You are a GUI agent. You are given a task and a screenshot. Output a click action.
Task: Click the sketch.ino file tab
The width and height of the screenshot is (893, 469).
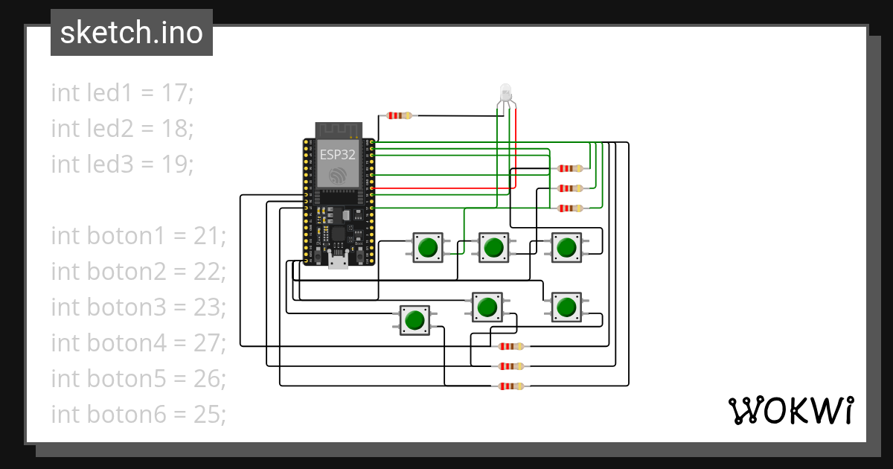click(131, 33)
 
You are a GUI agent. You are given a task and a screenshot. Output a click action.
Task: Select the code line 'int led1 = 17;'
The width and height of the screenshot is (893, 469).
click(122, 93)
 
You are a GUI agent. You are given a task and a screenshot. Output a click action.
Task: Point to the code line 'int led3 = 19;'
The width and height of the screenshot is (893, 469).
click(122, 164)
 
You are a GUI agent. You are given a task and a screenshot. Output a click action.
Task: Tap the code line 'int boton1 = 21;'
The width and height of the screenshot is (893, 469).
click(138, 236)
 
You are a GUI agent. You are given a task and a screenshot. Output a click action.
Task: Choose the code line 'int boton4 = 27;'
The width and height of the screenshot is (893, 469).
click(138, 343)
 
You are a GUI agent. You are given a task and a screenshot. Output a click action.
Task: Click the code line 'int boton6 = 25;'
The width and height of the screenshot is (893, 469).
click(138, 415)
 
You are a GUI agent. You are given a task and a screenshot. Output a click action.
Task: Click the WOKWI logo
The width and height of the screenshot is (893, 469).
click(790, 410)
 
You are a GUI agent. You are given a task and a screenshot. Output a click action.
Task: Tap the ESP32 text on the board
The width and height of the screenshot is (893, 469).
click(338, 156)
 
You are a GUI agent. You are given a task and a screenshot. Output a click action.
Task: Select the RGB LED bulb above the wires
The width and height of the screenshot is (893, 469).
click(506, 93)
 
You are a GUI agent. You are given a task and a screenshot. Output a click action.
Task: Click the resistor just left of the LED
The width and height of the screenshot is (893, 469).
click(399, 115)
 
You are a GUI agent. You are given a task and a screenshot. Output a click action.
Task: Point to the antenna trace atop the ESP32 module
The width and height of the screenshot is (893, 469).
click(338, 130)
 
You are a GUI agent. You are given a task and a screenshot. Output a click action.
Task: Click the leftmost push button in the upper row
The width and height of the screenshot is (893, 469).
click(428, 247)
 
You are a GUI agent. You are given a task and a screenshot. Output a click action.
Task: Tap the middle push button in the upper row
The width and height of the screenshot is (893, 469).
click(493, 247)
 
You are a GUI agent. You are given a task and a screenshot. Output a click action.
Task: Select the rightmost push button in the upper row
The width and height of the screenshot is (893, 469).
click(566, 247)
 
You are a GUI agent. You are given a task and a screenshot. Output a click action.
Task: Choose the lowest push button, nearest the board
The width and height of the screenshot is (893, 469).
click(414, 320)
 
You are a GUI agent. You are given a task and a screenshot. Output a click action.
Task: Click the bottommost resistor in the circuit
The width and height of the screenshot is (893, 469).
click(510, 386)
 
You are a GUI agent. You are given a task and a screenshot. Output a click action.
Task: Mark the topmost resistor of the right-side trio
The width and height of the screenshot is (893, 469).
click(569, 169)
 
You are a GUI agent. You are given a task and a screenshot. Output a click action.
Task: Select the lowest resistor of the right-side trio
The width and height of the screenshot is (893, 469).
click(569, 208)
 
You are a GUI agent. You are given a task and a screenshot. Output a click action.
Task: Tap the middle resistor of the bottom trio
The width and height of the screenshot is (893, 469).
click(510, 366)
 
